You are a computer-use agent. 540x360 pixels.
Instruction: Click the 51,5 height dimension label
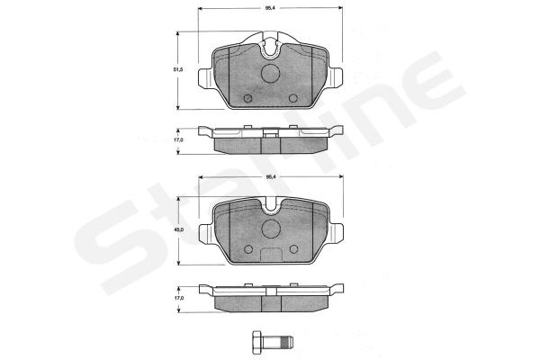click(177, 69)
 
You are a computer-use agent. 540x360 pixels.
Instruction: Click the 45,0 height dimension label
click(177, 229)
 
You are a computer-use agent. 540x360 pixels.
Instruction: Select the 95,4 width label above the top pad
click(270, 7)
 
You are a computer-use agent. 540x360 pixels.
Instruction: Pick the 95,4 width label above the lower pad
click(270, 177)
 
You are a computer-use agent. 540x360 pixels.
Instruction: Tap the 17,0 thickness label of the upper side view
click(177, 140)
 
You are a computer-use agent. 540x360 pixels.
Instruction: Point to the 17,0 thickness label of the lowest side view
click(178, 298)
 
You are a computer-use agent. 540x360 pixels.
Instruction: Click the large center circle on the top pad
click(270, 74)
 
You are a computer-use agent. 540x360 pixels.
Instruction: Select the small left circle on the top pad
click(248, 98)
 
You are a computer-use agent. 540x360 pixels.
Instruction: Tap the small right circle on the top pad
click(293, 98)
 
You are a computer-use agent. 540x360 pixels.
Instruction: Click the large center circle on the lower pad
click(271, 229)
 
